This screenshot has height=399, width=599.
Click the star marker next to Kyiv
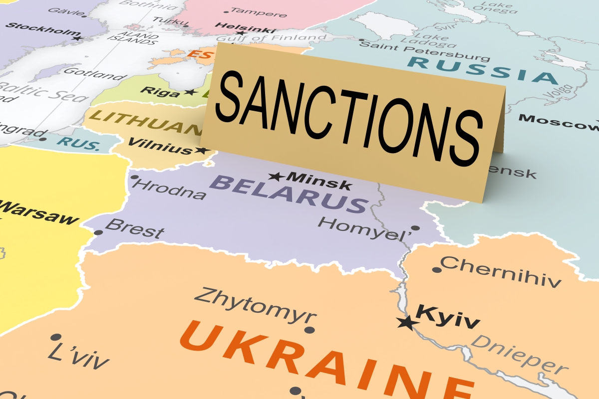tap(408, 323)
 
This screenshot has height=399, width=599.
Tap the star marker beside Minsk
tap(276, 177)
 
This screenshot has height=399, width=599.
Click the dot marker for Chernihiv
tap(437, 270)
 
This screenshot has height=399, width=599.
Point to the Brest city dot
tap(98, 232)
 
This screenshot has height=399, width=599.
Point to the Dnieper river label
tap(519, 354)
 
